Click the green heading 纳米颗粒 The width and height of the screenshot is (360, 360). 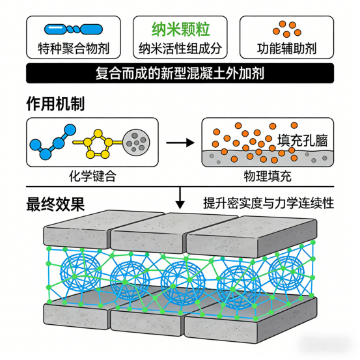coord(181,29)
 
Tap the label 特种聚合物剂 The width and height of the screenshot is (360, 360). coord(74,49)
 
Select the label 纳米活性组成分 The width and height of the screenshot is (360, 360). coord(180,49)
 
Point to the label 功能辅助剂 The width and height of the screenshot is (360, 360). coord(286,49)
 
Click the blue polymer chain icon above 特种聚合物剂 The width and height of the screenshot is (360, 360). coord(74,29)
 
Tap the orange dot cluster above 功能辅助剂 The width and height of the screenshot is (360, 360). coord(286,29)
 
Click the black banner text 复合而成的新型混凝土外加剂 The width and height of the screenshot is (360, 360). coord(180,74)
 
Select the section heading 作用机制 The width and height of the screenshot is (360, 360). coord(55,104)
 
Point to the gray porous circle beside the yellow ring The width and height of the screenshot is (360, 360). coord(136,143)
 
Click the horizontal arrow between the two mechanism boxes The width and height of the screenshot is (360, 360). coord(180,143)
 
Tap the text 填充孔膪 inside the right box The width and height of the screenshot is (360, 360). coord(302,141)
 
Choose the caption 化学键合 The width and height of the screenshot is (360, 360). coord(92,176)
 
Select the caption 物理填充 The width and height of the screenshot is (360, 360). coord(268,176)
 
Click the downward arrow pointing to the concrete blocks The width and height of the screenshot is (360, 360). coord(180,198)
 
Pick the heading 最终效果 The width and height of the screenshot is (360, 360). coord(55,204)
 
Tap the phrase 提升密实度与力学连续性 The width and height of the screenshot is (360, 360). coord(268,203)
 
